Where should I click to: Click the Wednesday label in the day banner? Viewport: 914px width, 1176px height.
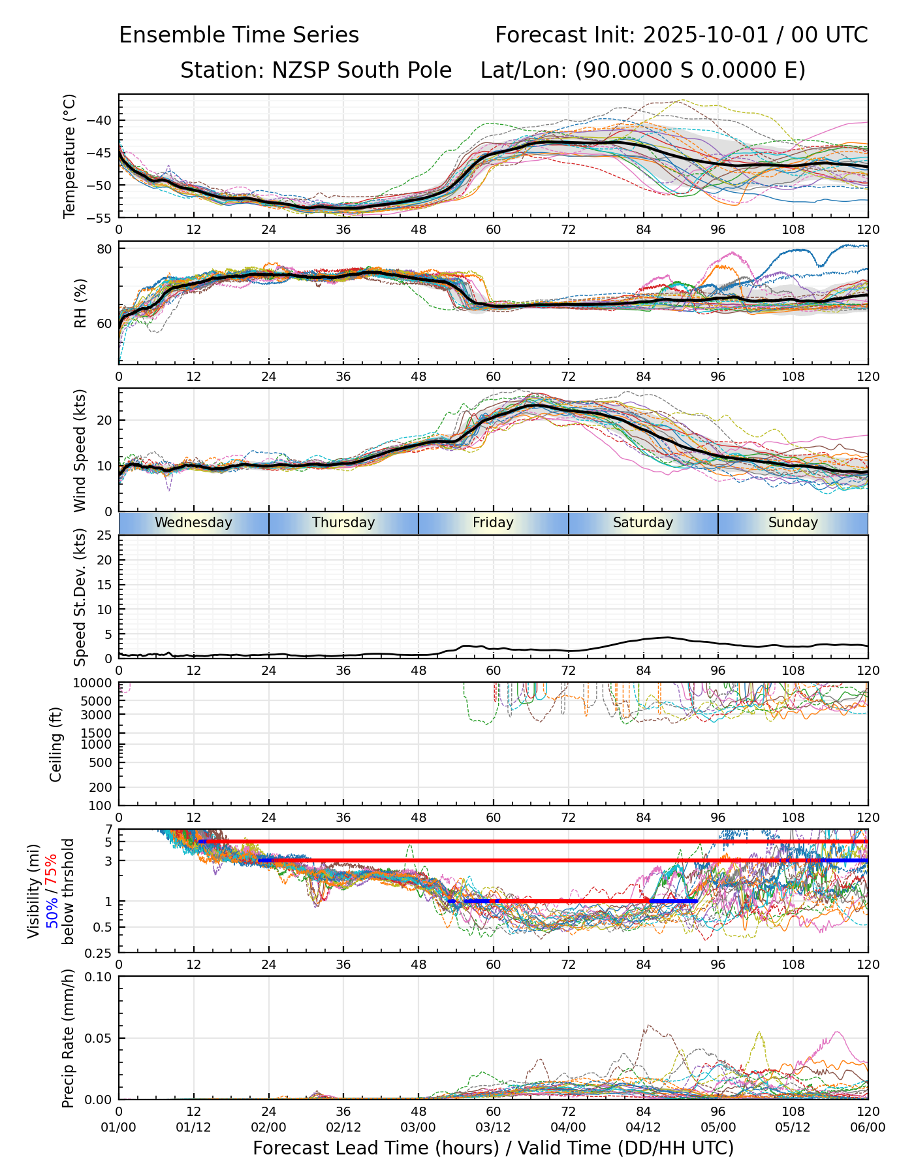click(193, 523)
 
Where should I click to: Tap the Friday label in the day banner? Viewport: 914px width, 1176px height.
click(493, 523)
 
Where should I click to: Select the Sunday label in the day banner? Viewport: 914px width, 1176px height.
click(793, 523)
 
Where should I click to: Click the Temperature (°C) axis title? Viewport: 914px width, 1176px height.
click(70, 155)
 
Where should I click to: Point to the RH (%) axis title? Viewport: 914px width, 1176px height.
click(80, 303)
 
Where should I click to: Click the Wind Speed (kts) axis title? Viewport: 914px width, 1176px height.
click(80, 450)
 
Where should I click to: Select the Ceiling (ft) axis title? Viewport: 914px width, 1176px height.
click(56, 744)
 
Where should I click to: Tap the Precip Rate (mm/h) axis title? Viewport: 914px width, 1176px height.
click(68, 1038)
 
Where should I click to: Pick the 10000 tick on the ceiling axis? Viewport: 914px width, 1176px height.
click(95, 683)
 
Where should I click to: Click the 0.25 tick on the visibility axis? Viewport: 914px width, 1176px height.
click(100, 952)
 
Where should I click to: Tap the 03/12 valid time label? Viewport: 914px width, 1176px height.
click(493, 1128)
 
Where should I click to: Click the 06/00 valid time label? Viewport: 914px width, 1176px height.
click(868, 1128)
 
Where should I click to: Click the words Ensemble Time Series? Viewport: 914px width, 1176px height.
click(239, 35)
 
